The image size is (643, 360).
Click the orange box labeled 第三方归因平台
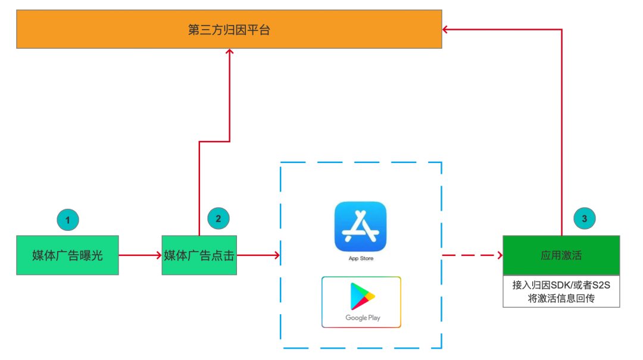coord(229,29)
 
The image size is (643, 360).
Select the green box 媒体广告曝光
coord(68,255)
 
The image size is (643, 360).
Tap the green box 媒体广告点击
coord(199,255)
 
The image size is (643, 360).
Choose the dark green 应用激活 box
coord(561,255)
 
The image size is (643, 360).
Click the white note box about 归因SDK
coord(561,291)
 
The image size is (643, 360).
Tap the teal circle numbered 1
coord(68,220)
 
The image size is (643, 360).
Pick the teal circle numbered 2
coord(218,218)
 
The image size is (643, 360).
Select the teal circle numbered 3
coord(585,218)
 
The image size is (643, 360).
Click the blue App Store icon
coord(360,226)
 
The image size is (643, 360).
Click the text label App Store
coord(361,258)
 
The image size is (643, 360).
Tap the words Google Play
coord(363,318)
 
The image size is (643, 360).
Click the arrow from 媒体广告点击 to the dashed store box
coord(258,255)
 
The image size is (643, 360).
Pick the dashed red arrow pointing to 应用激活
coord(472,255)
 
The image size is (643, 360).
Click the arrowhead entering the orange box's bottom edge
coord(230,52)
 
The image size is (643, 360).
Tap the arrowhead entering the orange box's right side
coord(445,29)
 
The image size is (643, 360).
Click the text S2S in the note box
coord(601,285)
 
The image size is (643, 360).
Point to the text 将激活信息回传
coord(561,298)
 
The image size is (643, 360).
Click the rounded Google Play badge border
coord(361,302)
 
